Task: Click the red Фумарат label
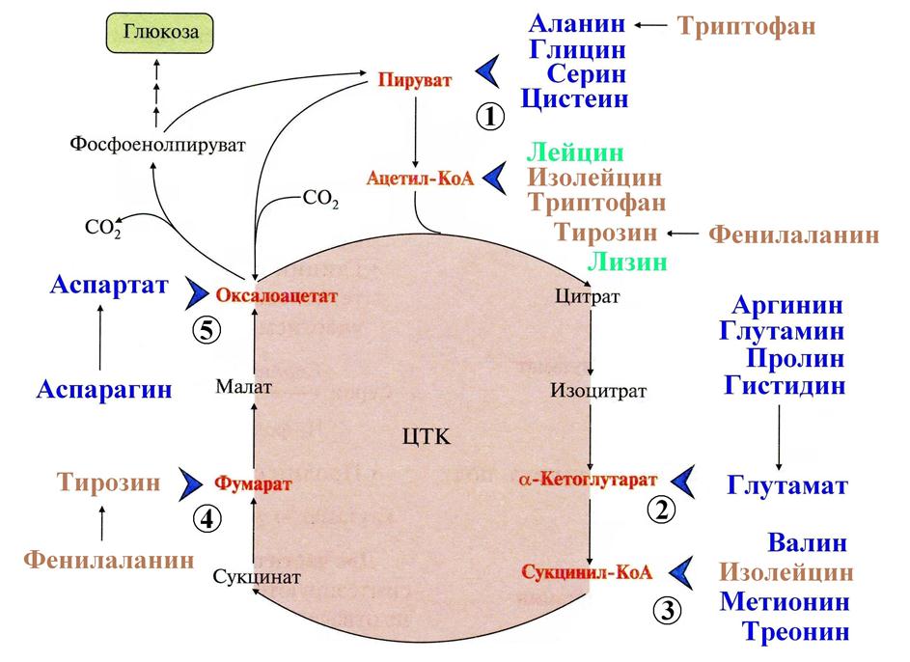click(x=253, y=483)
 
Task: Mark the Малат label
click(x=245, y=386)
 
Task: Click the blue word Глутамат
click(x=787, y=485)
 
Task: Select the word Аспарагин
click(x=104, y=390)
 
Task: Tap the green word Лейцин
click(x=574, y=153)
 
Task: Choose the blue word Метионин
click(x=785, y=602)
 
